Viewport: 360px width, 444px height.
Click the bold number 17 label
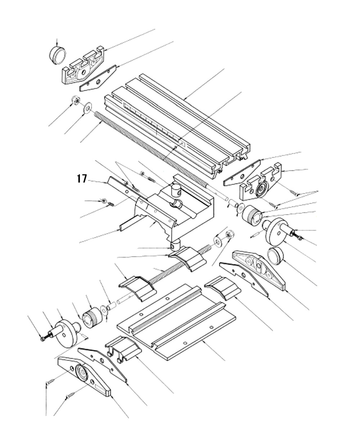81,178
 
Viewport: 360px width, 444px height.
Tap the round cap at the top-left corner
58,55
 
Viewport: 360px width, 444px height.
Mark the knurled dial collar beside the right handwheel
252,214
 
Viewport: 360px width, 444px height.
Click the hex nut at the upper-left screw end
75,100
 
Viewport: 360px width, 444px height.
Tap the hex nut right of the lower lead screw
228,236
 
